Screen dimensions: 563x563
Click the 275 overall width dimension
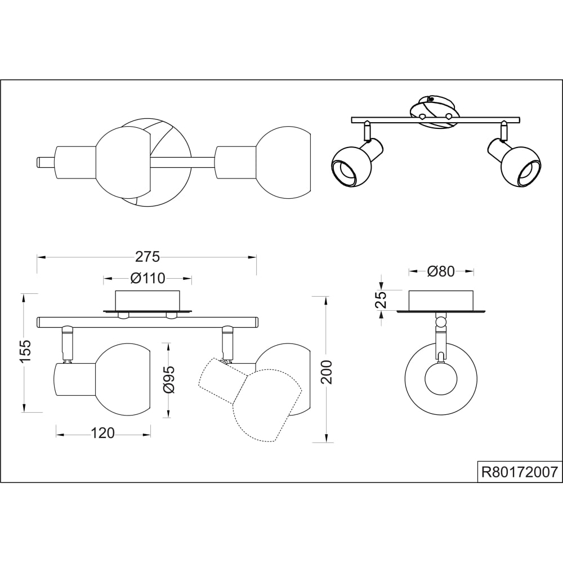(x=148, y=257)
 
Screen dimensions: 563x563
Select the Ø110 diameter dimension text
(x=148, y=278)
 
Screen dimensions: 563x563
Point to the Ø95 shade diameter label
(x=169, y=380)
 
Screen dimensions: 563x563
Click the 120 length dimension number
(x=102, y=433)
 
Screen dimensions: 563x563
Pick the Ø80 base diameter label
(x=441, y=271)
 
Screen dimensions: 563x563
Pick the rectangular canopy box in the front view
(x=148, y=300)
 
